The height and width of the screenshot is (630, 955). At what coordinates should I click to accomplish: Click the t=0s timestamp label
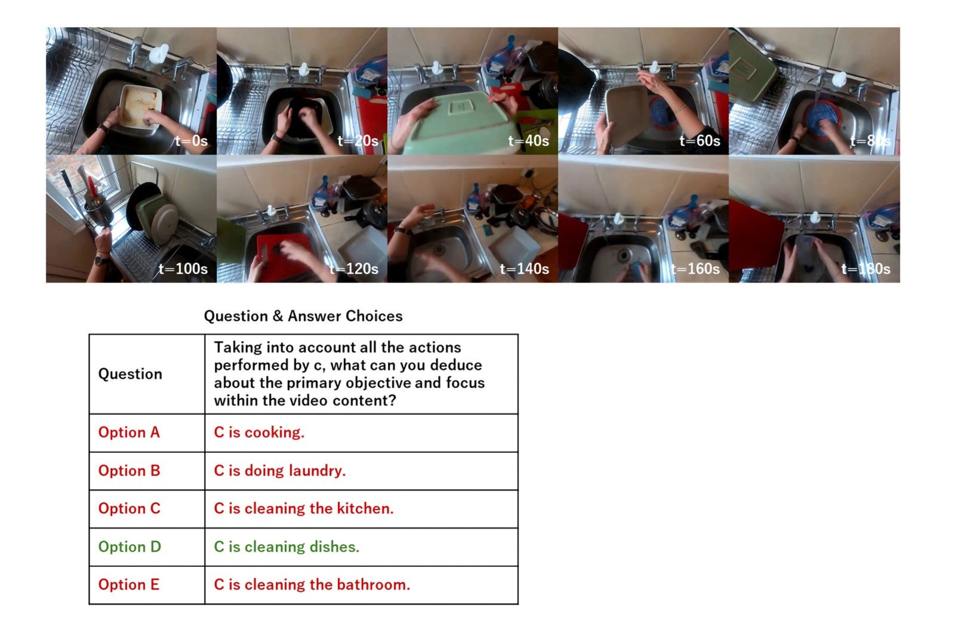[x=191, y=141]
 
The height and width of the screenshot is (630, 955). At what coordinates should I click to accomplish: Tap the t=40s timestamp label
[x=528, y=141]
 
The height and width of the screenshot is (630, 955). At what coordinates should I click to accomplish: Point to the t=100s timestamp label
[x=183, y=268]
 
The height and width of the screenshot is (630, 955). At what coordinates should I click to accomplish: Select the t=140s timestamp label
[x=525, y=268]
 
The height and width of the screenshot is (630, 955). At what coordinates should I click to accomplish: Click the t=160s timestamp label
[x=695, y=268]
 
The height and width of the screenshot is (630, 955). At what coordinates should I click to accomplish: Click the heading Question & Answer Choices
[x=303, y=316]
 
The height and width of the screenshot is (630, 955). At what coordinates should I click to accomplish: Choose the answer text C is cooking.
[x=259, y=432]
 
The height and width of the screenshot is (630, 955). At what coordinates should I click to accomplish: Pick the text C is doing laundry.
[x=280, y=471]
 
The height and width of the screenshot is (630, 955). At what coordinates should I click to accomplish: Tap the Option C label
[x=129, y=508]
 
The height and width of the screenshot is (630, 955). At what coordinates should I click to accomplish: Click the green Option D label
[x=130, y=546]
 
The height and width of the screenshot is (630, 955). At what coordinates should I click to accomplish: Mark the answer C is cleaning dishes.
[x=286, y=546]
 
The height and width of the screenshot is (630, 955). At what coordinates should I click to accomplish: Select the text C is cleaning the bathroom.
[x=312, y=585]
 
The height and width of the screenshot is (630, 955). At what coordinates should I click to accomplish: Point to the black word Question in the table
[x=130, y=374]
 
